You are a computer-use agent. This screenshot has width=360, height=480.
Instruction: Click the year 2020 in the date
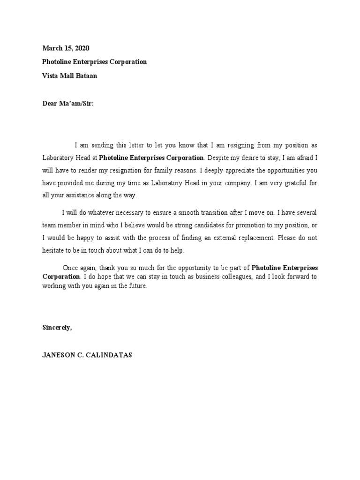click(x=81, y=48)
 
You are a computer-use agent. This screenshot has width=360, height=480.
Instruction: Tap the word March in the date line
click(x=52, y=48)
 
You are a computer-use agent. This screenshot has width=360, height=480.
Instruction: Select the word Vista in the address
click(x=51, y=75)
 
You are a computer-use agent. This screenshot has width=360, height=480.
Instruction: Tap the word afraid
click(x=307, y=158)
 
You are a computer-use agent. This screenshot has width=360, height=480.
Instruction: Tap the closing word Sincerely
click(x=57, y=328)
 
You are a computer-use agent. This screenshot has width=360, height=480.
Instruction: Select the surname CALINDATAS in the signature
click(x=108, y=355)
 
